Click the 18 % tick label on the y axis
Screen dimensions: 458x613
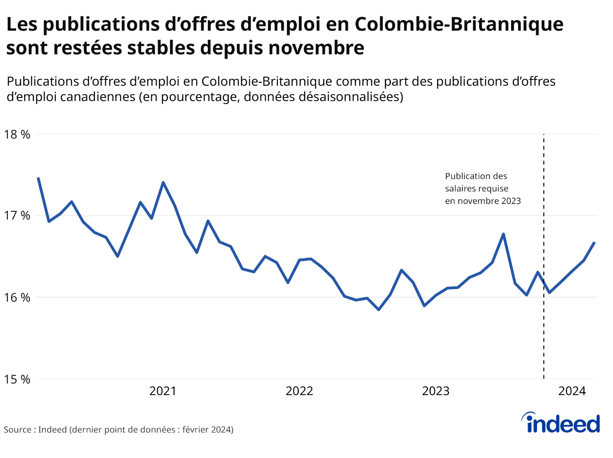pyautogui.click(x=17, y=135)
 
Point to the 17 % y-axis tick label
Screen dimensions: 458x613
pyautogui.click(x=17, y=215)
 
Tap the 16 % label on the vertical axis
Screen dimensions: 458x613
pyautogui.click(x=17, y=298)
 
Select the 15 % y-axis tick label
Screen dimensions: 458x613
pyautogui.click(x=17, y=380)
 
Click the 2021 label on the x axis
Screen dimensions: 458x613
pyautogui.click(x=163, y=391)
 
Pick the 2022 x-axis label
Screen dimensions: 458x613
pyautogui.click(x=299, y=391)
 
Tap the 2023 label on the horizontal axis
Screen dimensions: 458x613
pyautogui.click(x=435, y=391)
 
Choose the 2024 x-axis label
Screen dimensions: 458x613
pyautogui.click(x=572, y=391)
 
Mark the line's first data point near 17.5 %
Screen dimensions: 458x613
pyautogui.click(x=38, y=178)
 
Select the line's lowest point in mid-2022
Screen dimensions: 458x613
pyautogui.click(x=379, y=310)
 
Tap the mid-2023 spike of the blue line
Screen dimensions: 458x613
pyautogui.click(x=504, y=234)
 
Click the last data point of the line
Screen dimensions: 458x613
pyautogui.click(x=595, y=242)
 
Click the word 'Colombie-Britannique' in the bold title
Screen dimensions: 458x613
pyautogui.click(x=459, y=24)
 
